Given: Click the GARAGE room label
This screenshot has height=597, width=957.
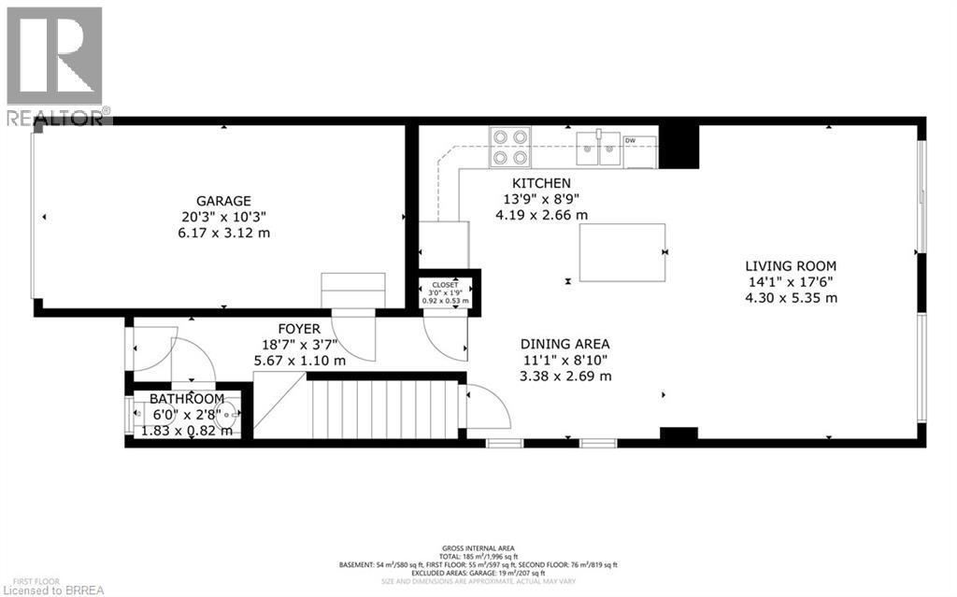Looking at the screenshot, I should point(222,201).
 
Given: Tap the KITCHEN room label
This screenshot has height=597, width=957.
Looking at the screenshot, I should point(540,183).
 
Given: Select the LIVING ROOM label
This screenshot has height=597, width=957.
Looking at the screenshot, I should point(791,265).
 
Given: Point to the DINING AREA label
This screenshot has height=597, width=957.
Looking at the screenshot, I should point(566,344).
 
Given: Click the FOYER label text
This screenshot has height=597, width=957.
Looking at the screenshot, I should point(299,329).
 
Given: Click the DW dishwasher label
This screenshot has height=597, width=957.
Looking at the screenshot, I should point(631,140).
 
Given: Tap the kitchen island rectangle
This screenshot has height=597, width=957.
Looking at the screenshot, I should point(621,252).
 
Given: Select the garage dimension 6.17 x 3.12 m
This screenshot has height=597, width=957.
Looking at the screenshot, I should point(222,232).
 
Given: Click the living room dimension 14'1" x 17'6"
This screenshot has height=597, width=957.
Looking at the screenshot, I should point(791,281).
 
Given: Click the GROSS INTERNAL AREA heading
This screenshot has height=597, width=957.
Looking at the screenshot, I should point(479,548).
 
